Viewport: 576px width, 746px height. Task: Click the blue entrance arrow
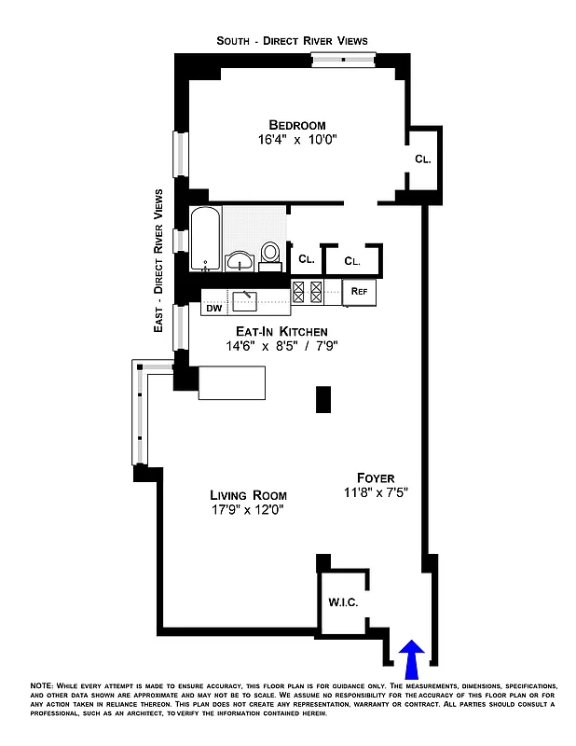coord(413,659)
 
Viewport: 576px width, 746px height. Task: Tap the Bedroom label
coord(297,125)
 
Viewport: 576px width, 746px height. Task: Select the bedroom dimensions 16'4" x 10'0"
coord(297,141)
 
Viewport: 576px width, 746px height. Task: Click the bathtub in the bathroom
coord(205,239)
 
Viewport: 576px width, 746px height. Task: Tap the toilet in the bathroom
coord(270,255)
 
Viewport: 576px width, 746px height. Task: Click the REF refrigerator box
coord(359,291)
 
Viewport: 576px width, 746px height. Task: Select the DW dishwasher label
coord(213,308)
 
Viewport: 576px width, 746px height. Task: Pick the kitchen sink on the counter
coord(246,299)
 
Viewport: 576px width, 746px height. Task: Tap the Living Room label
coord(248,495)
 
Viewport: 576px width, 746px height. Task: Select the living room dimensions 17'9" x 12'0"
coord(248,510)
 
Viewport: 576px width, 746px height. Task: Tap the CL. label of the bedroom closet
coord(422,159)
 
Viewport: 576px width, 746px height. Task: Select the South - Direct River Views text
coord(292,40)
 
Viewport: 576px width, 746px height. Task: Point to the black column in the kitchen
coord(323,398)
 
